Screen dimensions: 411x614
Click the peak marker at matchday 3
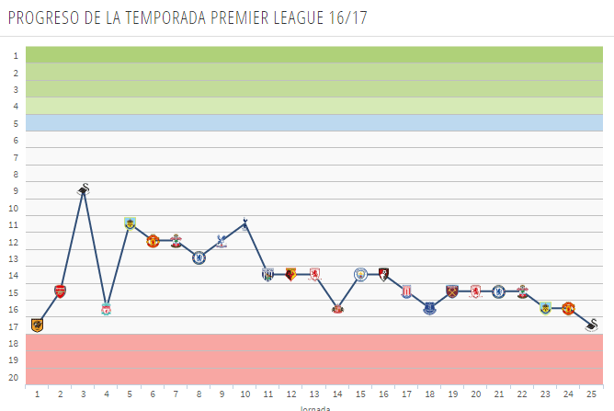[x=84, y=190]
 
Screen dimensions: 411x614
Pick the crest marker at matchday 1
[x=38, y=325]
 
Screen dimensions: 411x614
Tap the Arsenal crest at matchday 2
[x=61, y=291]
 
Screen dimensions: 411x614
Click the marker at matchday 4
[x=107, y=309]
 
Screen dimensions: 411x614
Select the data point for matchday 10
[x=244, y=223]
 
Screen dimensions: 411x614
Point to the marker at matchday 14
[x=337, y=308]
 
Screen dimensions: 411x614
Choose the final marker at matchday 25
[x=592, y=325]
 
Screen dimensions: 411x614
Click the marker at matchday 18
[x=429, y=308]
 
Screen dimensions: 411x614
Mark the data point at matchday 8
[x=199, y=257]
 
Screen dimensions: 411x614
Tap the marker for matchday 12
[x=290, y=274]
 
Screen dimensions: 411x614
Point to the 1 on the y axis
[x=15, y=56]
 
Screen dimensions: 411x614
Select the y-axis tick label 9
[x=15, y=191]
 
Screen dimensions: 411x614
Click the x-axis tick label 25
[x=592, y=394]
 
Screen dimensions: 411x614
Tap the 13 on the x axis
[x=314, y=394]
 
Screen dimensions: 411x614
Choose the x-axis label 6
[x=153, y=394]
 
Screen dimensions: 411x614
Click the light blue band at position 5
[x=313, y=122]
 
